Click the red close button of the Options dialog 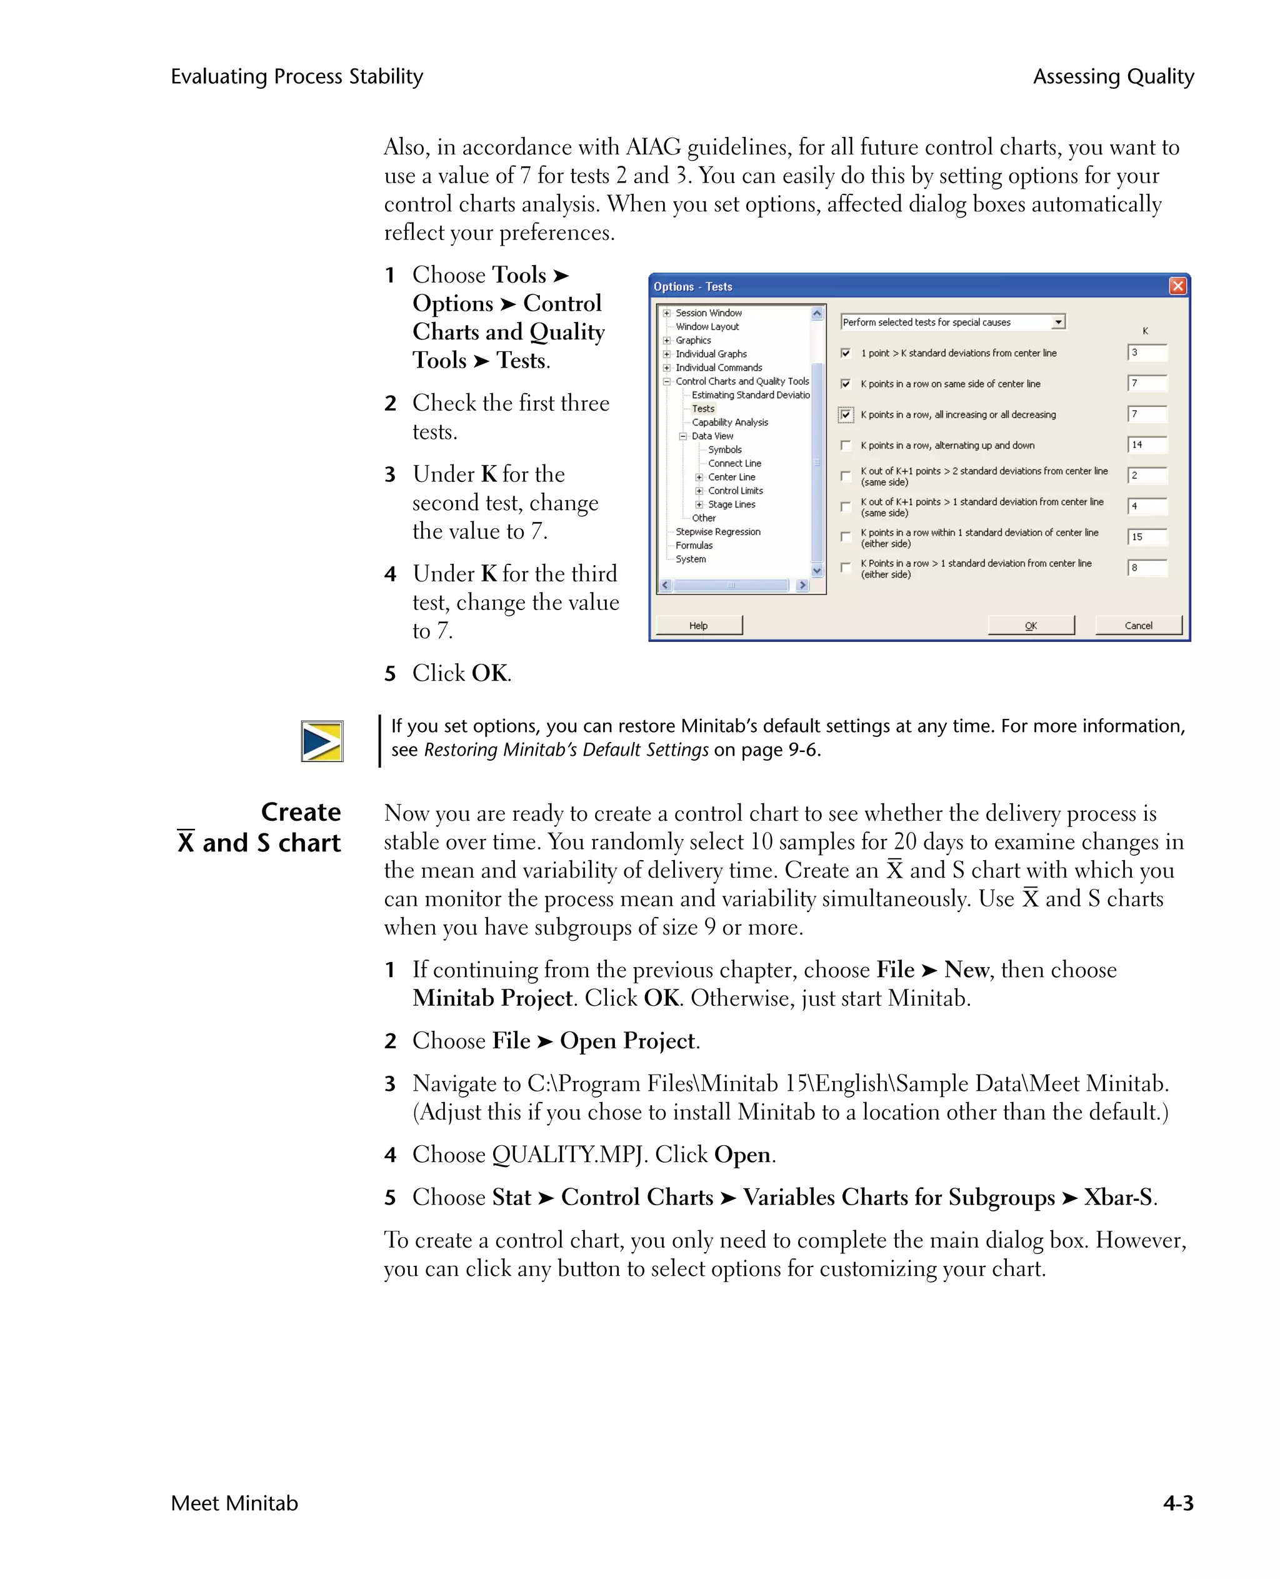(1177, 286)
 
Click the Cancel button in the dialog (1137, 625)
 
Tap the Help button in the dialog (698, 625)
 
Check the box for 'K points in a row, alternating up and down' (846, 446)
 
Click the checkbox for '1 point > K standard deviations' (846, 353)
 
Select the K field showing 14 (1146, 444)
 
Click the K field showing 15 (1146, 537)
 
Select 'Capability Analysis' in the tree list (729, 423)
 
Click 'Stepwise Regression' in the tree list (717, 532)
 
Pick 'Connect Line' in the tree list (734, 464)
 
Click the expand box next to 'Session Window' (666, 313)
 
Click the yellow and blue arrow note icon (322, 741)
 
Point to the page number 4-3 (1177, 1502)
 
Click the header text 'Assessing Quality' (1112, 77)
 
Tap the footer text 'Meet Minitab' (234, 1502)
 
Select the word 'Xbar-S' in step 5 (1117, 1197)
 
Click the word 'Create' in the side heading (301, 812)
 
